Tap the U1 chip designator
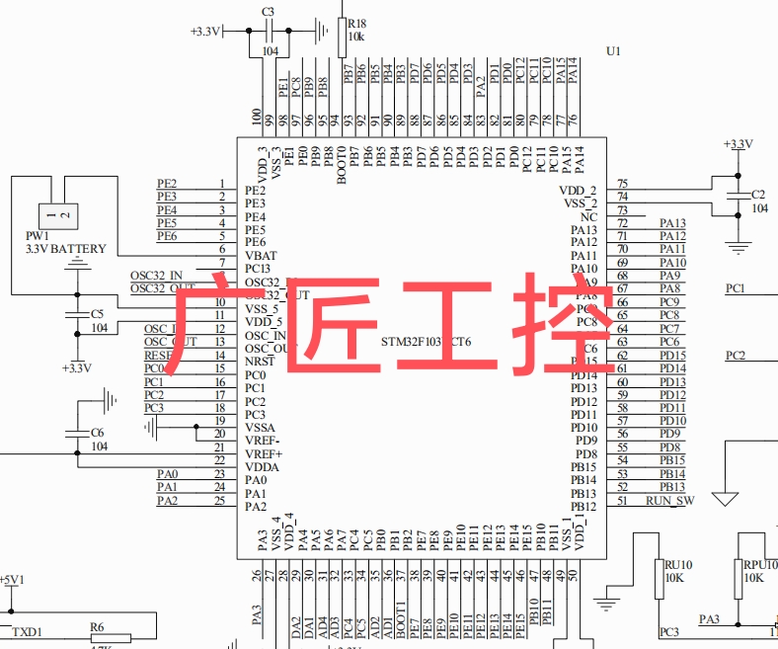613,50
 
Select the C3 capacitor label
268,11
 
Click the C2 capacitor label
758,195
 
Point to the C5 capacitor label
98,313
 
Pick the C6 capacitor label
97,433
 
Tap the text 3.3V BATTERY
65,249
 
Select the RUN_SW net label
669,501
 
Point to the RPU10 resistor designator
759,565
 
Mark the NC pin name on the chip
588,216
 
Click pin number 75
622,185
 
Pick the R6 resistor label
97,626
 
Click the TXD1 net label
27,630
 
